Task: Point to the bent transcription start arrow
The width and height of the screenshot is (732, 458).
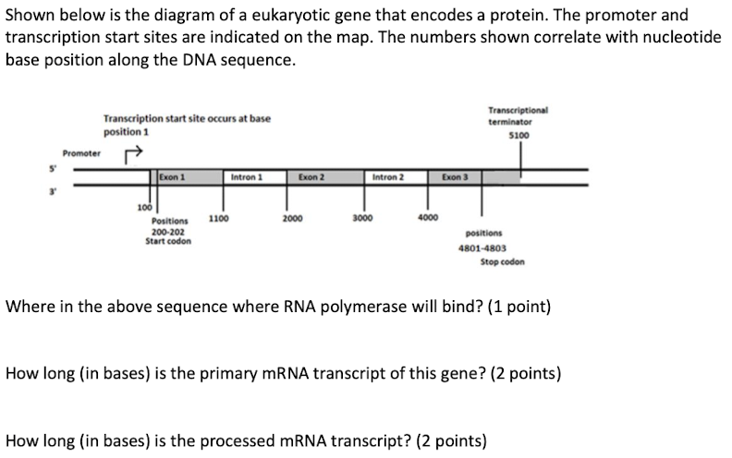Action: (x=133, y=152)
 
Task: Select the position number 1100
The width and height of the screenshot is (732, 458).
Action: (x=219, y=220)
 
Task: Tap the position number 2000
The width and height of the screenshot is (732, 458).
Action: (x=292, y=220)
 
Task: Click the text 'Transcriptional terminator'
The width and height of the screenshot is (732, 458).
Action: (x=518, y=114)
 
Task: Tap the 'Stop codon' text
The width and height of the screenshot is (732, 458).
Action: (x=502, y=261)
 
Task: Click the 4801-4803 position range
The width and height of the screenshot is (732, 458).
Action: (x=482, y=248)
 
